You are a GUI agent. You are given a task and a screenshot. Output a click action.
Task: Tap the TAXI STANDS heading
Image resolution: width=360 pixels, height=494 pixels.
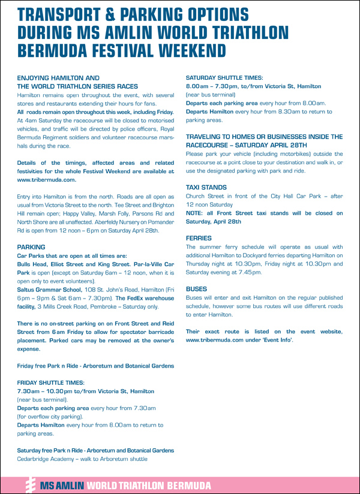pos(205,187)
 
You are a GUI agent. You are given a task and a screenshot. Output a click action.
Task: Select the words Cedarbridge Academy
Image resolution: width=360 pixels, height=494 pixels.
pos(44,459)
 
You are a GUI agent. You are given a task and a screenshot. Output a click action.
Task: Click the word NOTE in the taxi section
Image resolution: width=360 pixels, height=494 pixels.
pos(195,213)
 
